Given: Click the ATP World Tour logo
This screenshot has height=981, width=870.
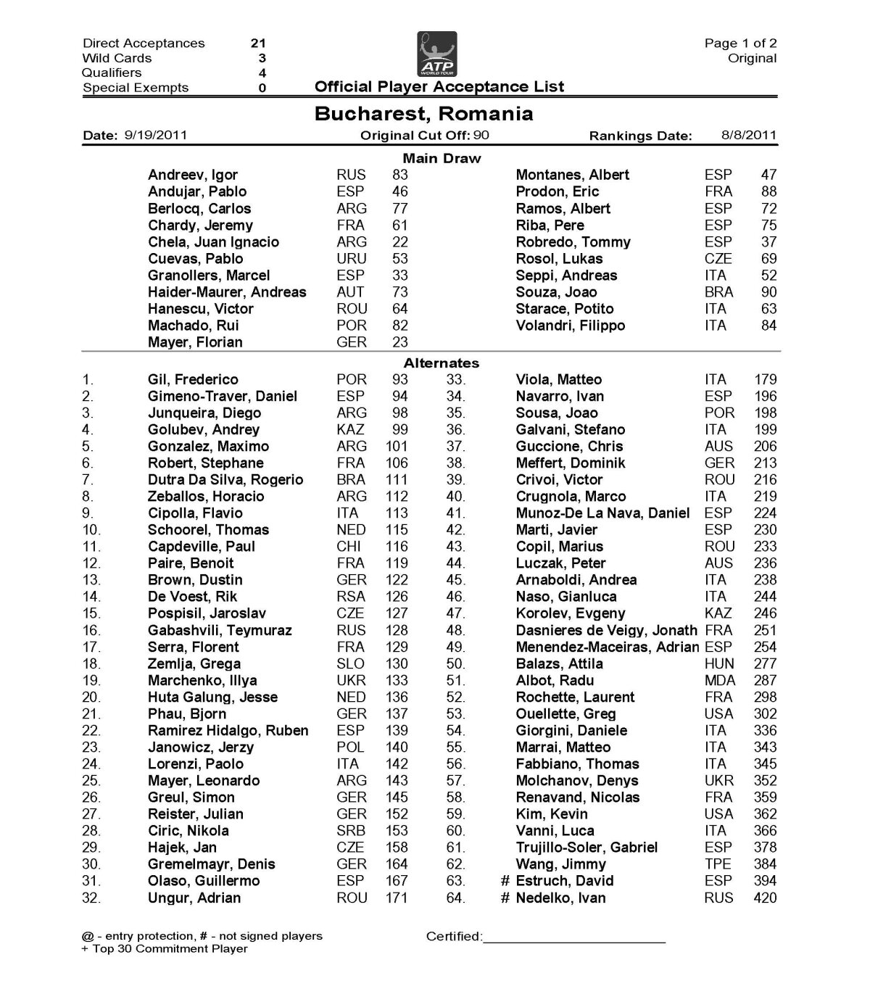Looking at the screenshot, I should tap(437, 54).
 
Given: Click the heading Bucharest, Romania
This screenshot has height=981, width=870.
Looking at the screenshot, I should tap(424, 114).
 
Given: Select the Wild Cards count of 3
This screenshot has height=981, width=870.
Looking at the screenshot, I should tap(262, 59).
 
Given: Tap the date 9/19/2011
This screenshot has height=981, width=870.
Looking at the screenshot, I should tap(156, 136).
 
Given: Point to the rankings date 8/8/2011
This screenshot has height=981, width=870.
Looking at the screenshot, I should tap(749, 136).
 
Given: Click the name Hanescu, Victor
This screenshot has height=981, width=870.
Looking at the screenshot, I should tap(201, 309).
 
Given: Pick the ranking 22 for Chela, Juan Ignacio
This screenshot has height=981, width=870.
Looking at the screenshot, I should tap(399, 242).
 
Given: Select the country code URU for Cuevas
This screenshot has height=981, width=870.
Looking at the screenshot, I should tap(352, 259).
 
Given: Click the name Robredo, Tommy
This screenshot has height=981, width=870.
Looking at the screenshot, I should tap(573, 242).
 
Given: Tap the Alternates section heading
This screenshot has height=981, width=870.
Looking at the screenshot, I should tap(442, 363).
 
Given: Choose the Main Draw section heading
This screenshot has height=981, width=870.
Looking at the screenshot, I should tap(442, 159).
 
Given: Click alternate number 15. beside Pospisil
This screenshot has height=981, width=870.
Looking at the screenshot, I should tap(91, 613).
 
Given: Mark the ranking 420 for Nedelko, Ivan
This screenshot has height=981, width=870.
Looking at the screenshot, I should tap(765, 898).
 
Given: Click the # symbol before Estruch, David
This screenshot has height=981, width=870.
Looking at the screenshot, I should tap(505, 882).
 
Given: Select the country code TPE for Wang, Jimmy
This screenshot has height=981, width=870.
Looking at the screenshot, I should tap(718, 864).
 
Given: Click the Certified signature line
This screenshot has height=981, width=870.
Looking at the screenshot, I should tap(573, 940).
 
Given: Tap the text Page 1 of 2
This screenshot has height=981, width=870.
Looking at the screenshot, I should tap(740, 44).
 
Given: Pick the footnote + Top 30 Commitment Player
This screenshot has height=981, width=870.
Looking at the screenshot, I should tap(165, 949).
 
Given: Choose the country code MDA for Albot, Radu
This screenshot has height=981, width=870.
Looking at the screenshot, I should tap(719, 681).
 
